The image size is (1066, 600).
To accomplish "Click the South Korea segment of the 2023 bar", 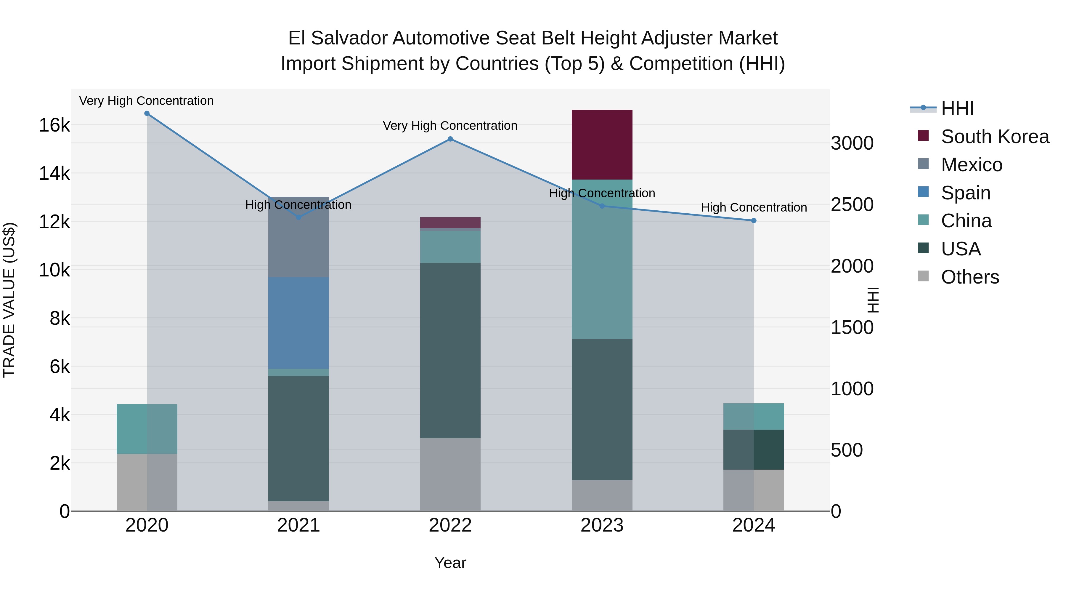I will pos(602,145).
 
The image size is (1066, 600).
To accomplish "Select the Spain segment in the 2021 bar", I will pos(298,323).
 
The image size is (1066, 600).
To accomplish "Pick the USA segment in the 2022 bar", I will pos(450,350).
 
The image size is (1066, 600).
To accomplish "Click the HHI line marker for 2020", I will pos(147,113).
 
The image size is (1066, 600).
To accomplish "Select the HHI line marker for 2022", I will pos(450,139).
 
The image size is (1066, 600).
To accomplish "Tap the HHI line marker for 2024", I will pos(754,221).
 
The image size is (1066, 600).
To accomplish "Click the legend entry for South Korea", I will pos(995,137).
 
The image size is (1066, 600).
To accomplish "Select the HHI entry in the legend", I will pos(957,108).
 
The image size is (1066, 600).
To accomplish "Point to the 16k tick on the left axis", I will pos(54,125).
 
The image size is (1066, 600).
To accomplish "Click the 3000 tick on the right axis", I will pos(852,143).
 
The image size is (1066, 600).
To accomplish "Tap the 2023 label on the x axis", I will pos(602,525).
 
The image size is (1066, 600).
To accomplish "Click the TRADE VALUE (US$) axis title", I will pos(9,300).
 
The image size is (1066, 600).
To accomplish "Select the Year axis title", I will pos(450,563).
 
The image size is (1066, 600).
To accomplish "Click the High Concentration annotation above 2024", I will pos(754,207).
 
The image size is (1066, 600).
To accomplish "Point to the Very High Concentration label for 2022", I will pos(450,125).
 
